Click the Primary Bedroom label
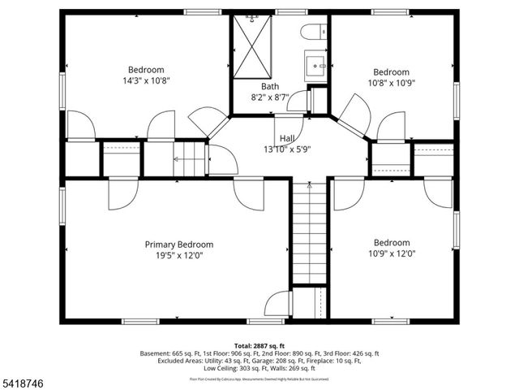(178, 245)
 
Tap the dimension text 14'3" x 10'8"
(146, 80)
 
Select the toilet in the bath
(313, 33)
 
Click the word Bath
(270, 86)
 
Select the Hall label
(287, 138)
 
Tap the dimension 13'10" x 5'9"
(287, 149)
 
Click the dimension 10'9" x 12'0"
(391, 253)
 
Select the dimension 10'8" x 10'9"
(391, 82)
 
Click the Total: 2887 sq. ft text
(260, 345)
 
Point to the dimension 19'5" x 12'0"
(178, 255)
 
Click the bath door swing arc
(297, 102)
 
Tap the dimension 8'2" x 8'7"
(270, 97)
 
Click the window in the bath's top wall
(285, 12)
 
